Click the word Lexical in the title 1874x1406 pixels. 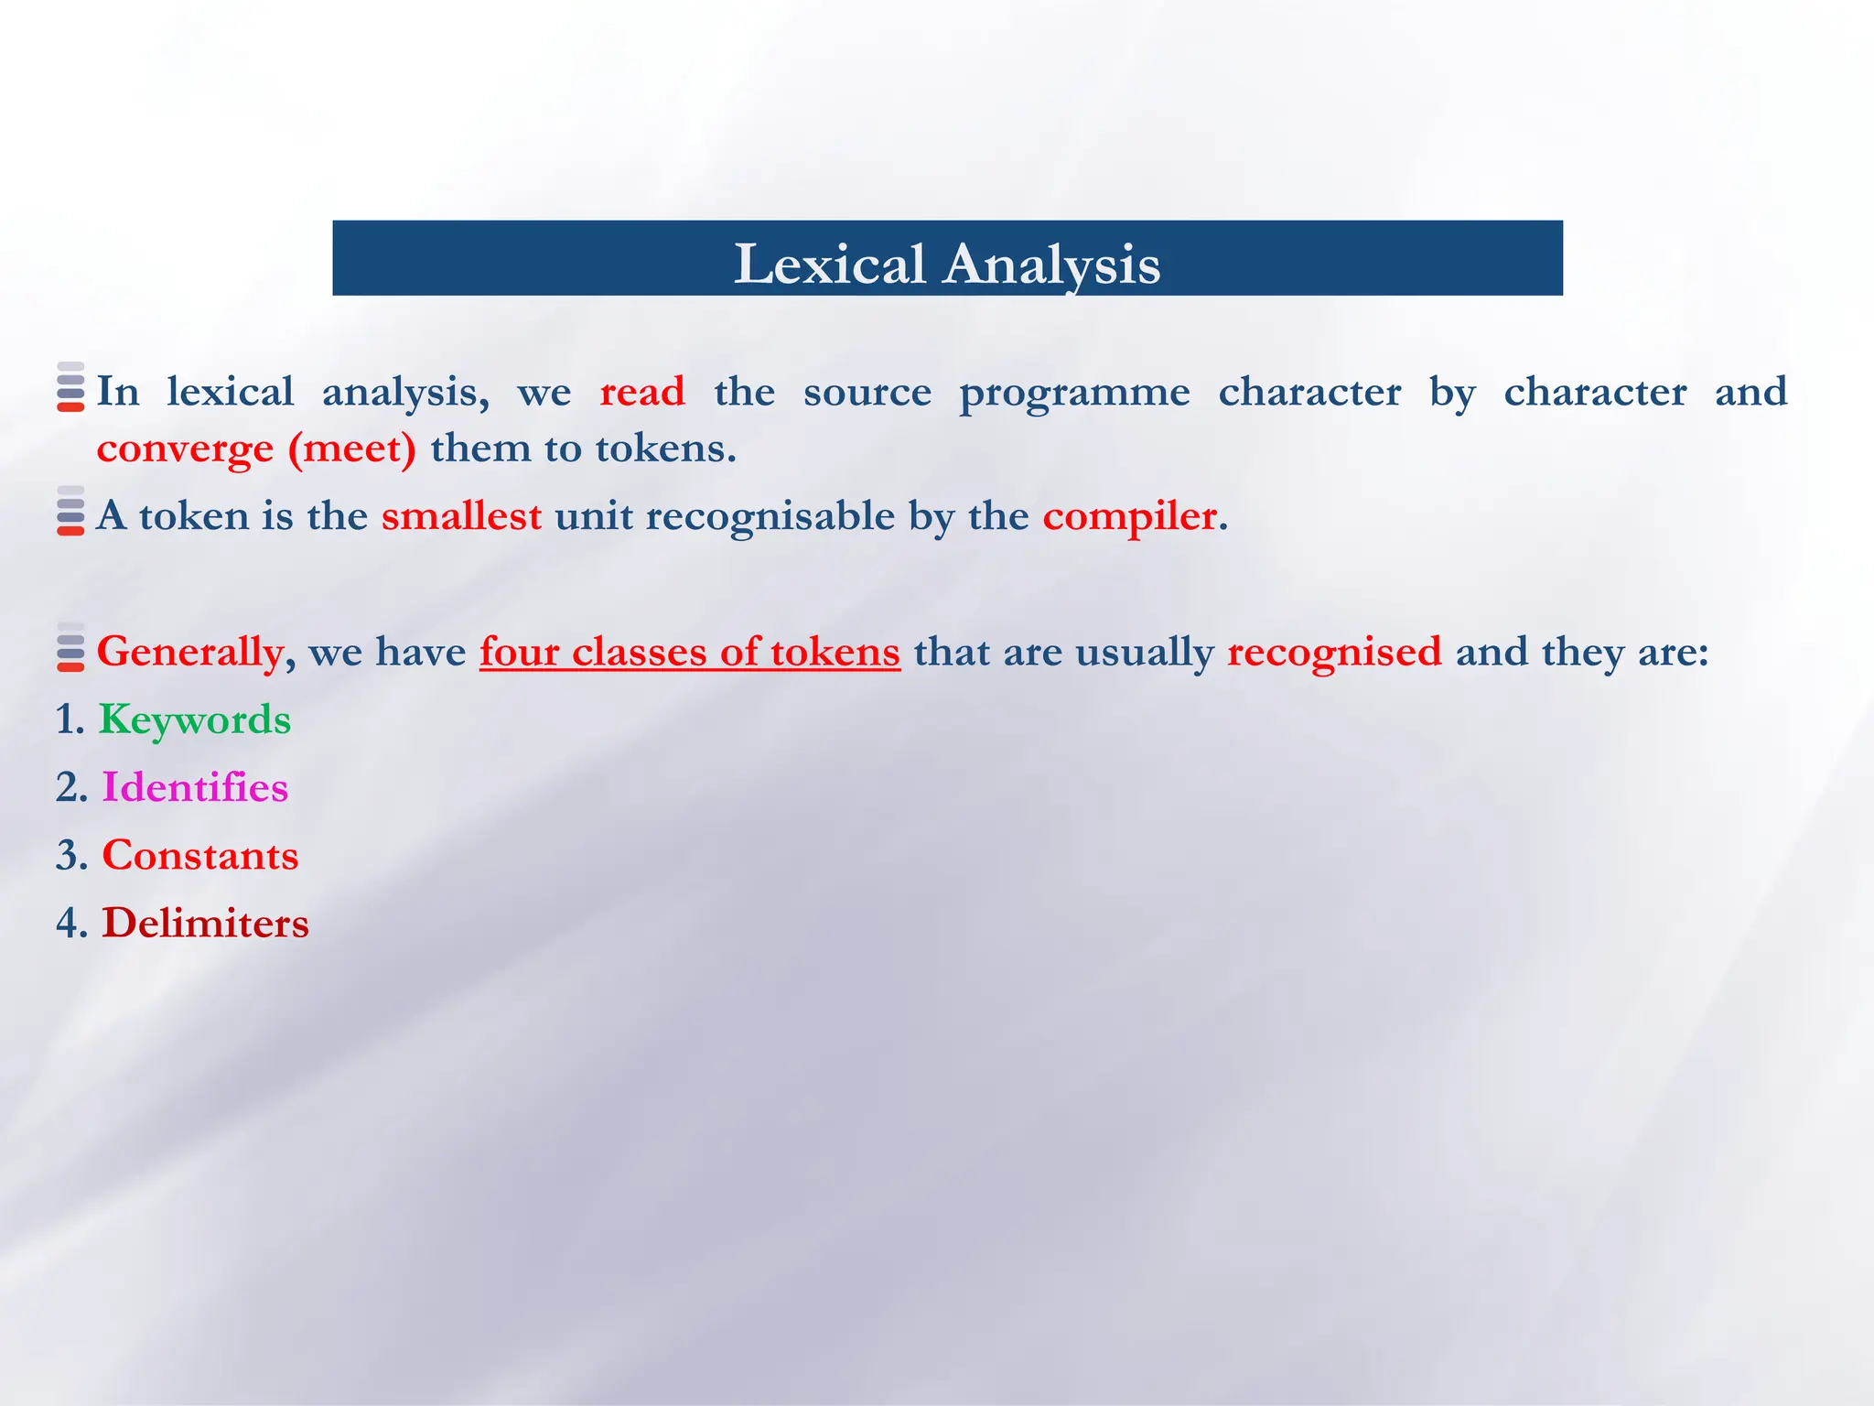[829, 265]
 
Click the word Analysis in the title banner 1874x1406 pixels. [1051, 265]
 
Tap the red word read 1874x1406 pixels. [641, 392]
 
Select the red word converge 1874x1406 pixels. [185, 449]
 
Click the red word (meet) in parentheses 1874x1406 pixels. [352, 449]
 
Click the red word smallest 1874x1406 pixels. [461, 516]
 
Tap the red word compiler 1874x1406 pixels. [1129, 517]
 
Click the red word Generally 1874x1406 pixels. [189, 653]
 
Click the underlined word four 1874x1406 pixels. [519, 652]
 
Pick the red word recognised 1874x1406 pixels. [1334, 652]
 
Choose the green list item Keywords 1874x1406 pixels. [195, 719]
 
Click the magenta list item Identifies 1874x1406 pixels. [195, 787]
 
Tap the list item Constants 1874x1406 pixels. [200, 855]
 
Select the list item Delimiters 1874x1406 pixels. [205, 923]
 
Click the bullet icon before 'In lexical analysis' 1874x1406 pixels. [70, 387]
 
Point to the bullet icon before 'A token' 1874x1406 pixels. [70, 512]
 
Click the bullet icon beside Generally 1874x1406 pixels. [70, 647]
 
